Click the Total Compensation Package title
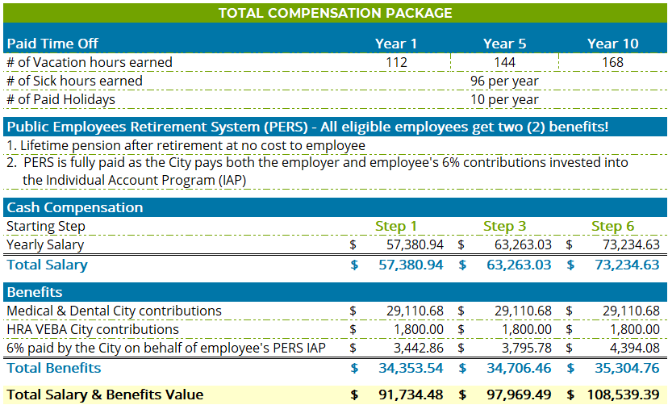pos(335,13)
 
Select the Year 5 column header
pos(504,44)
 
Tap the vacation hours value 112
pos(396,62)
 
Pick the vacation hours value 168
pos(613,62)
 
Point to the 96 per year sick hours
pos(504,81)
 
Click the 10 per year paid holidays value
pos(504,99)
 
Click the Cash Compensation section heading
pos(75,207)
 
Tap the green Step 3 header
pos(504,226)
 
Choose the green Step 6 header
pos(612,226)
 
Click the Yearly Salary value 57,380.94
pos(415,244)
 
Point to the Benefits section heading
pos(35,291)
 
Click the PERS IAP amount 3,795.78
pos(524,348)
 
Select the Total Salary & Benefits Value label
pos(105,395)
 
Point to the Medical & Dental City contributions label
pos(114,311)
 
